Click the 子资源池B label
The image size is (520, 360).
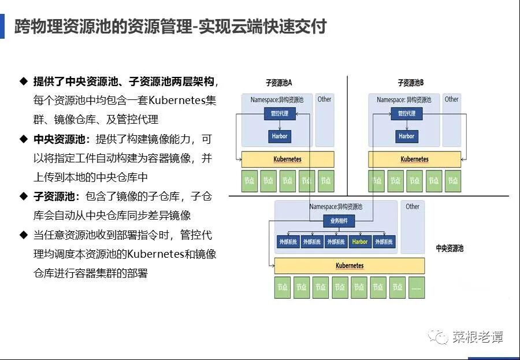[411, 83]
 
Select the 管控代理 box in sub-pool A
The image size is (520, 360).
[279, 114]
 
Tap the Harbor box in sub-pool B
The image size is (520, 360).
[406, 136]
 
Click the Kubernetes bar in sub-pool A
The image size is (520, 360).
[287, 159]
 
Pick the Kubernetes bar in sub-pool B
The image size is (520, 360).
[414, 159]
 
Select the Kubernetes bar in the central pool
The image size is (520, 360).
[349, 266]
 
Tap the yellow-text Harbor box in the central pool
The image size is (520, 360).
[359, 242]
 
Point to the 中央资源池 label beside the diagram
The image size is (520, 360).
[449, 248]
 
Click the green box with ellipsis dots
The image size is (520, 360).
[417, 287]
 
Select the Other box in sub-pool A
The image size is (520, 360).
[325, 99]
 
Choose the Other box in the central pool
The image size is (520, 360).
[413, 206]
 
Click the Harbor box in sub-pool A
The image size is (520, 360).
[279, 136]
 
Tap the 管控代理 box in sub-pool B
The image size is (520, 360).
[406, 114]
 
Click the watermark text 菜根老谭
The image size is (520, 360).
[477, 336]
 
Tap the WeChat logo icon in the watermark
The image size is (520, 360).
[437, 336]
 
